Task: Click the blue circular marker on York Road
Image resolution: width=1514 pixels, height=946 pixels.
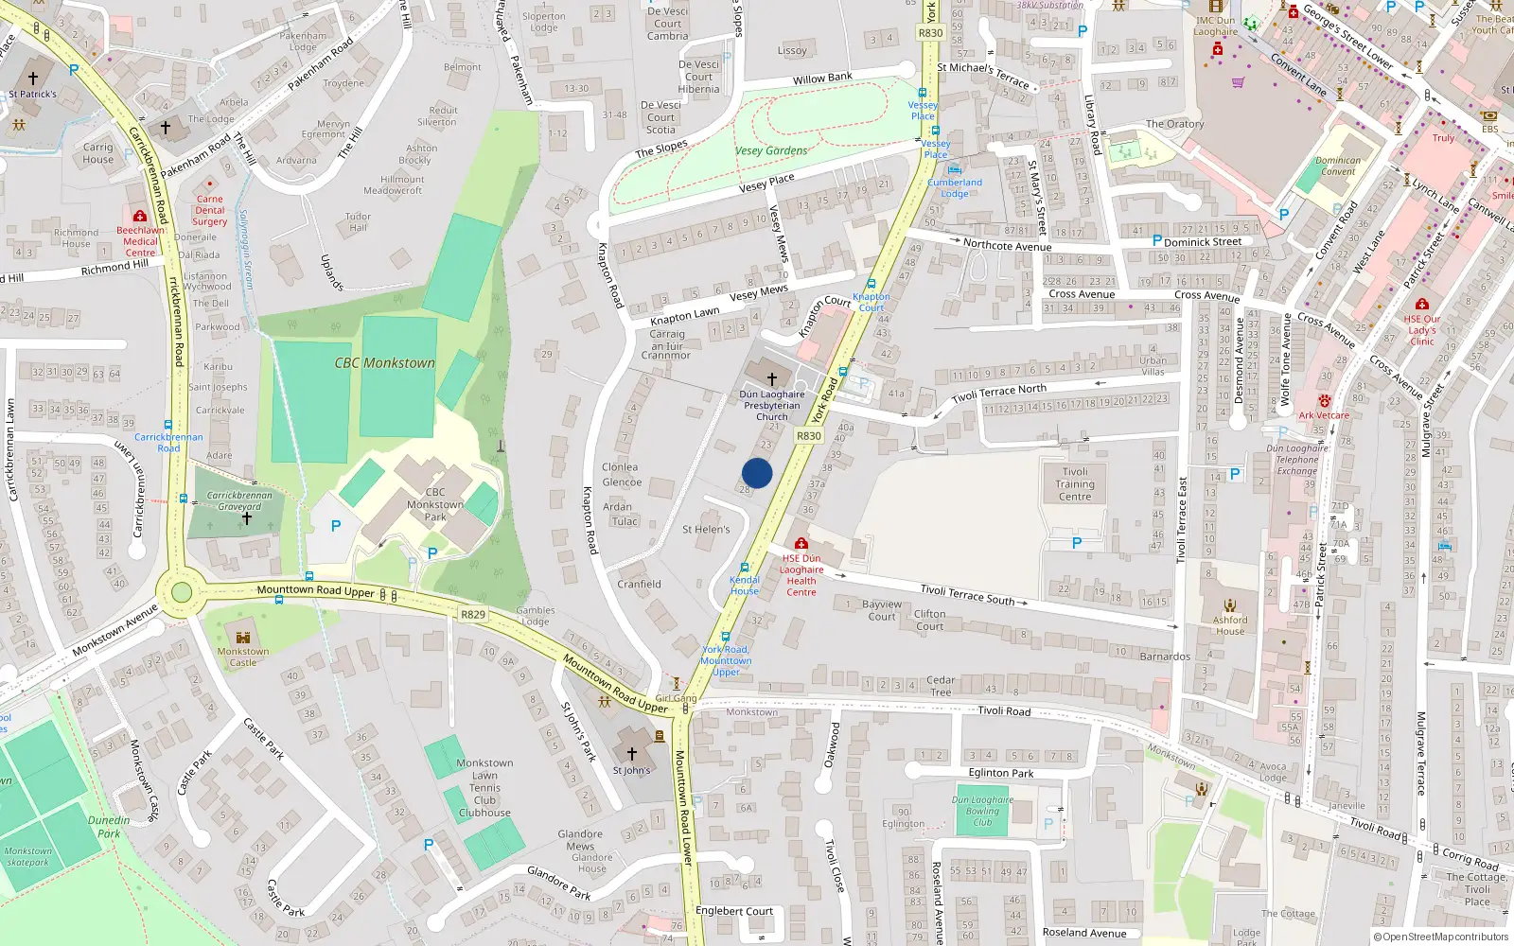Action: [757, 473]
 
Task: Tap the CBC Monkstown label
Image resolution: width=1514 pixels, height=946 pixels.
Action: [384, 363]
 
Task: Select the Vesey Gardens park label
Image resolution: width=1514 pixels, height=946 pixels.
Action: [771, 150]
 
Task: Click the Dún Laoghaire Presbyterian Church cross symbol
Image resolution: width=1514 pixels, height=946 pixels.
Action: [772, 378]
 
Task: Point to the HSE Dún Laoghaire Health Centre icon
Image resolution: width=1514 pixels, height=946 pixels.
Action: [801, 544]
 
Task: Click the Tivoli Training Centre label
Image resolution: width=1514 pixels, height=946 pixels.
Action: [1075, 483]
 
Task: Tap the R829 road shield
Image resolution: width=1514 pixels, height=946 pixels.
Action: [472, 615]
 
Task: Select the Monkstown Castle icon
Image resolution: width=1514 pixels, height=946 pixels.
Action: [243, 637]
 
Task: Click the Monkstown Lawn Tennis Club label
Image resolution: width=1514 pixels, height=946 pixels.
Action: [484, 787]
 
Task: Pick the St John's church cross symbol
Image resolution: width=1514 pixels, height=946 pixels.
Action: [632, 754]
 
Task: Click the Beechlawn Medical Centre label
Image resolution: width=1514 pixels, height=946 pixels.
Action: [140, 241]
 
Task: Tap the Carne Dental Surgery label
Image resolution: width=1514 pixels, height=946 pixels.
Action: [210, 210]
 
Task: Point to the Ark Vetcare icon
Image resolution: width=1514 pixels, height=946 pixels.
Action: [1324, 401]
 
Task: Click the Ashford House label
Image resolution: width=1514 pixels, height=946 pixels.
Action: [1230, 625]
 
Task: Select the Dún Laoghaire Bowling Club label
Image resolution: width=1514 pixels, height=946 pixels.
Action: [982, 811]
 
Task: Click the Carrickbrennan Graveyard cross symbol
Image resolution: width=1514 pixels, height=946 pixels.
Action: [246, 518]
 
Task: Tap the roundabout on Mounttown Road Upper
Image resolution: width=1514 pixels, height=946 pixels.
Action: [181, 593]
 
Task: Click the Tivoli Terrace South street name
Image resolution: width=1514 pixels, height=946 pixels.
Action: [967, 594]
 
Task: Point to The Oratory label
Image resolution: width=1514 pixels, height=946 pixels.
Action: [1174, 124]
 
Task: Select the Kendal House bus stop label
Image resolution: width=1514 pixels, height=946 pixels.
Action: [745, 585]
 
